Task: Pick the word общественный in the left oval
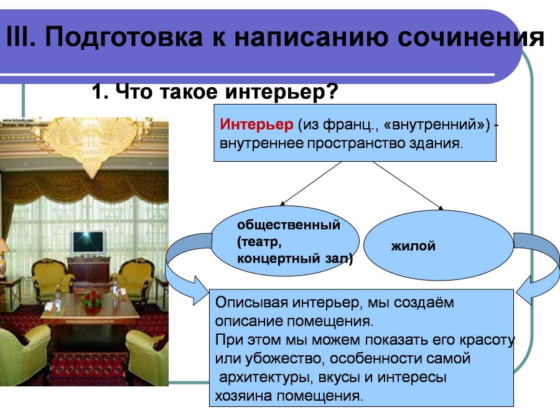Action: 289,225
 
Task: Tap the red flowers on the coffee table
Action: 92,298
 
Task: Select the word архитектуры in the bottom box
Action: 266,377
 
